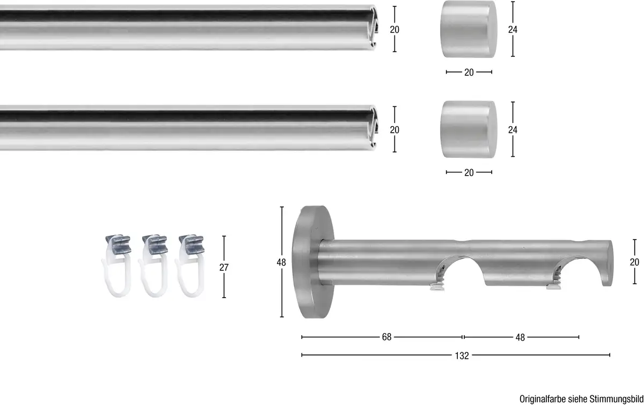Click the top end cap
pyautogui.click(x=469, y=29)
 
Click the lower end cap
pyautogui.click(x=469, y=129)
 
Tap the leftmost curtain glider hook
pyautogui.click(x=118, y=265)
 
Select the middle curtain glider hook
pyautogui.click(x=154, y=265)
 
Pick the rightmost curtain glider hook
pyautogui.click(x=191, y=265)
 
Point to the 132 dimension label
pyautogui.click(x=462, y=356)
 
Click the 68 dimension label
pyautogui.click(x=387, y=337)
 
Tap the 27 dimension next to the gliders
pyautogui.click(x=224, y=267)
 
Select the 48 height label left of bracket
pyautogui.click(x=281, y=263)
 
